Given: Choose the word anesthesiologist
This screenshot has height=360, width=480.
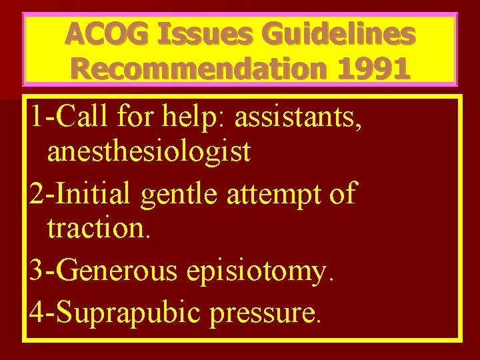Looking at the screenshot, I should pyautogui.click(x=149, y=153).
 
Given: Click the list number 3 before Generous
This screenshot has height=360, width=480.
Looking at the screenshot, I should pyautogui.click(x=37, y=271).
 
